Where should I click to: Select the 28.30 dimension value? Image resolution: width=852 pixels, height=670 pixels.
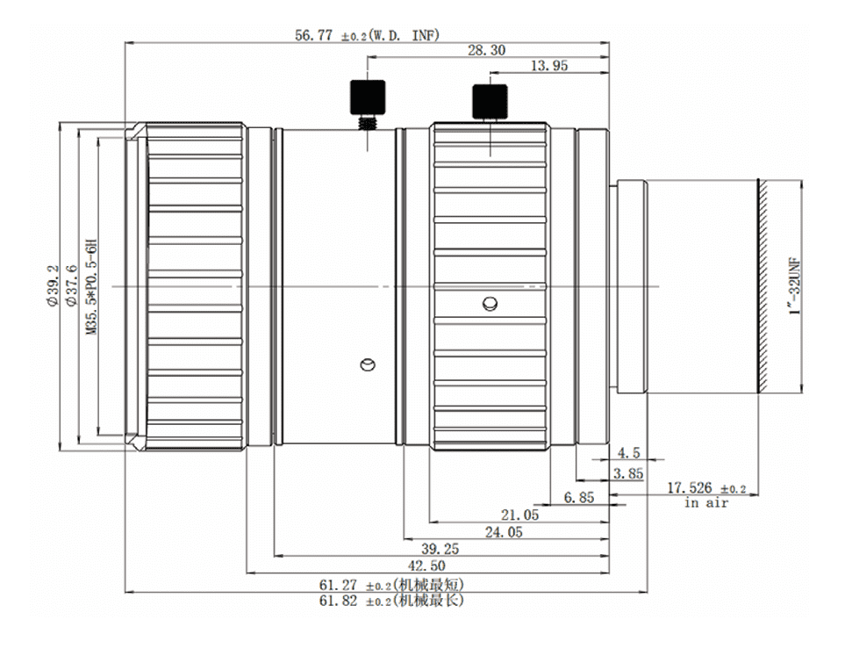click(487, 51)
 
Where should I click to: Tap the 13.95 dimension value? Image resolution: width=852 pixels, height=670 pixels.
click(548, 66)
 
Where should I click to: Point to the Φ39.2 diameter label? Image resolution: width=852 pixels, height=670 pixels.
click(53, 285)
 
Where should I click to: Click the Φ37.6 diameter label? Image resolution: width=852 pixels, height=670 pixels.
click(71, 285)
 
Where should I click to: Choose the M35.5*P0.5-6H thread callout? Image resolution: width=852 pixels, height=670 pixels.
click(91, 285)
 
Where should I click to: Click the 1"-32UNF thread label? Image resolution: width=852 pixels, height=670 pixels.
click(796, 285)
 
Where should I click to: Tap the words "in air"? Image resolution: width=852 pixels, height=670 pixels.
click(706, 503)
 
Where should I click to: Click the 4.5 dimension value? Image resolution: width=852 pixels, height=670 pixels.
click(628, 452)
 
